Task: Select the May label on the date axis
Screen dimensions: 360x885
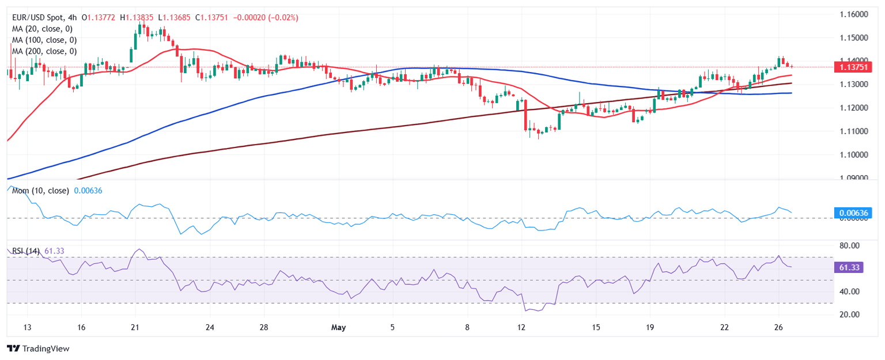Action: (339, 327)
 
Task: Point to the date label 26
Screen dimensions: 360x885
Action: (779, 327)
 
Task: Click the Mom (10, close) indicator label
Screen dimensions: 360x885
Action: (40, 191)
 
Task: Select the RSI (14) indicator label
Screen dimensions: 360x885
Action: (26, 251)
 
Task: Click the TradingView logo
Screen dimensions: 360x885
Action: (37, 348)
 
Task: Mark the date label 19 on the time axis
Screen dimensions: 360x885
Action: (650, 327)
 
